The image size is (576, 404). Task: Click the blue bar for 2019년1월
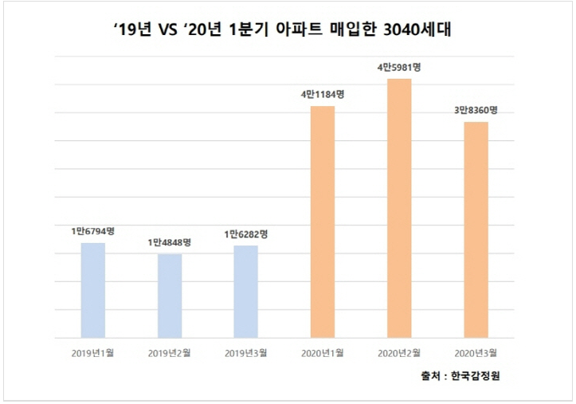coord(93,290)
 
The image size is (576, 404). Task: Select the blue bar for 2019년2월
coord(170,296)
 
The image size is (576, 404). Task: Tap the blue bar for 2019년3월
coord(246,292)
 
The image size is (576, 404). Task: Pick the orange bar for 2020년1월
coord(323,222)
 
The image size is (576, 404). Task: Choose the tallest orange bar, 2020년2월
coord(399,208)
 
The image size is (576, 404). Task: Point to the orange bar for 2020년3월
coord(476,229)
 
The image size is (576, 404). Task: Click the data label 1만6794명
coord(93,231)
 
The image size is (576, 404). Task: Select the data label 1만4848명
coord(170,242)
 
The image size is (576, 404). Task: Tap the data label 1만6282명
coord(246,234)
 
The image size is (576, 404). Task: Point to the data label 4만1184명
coord(323,94)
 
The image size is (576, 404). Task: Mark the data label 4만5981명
coord(399,67)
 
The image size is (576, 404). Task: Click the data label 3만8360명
coord(476,110)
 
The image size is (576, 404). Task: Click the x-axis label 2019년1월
coord(93,352)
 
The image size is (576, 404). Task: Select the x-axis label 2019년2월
coord(170,352)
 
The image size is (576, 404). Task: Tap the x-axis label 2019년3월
coord(246,352)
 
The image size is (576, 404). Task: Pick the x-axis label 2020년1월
coord(323,352)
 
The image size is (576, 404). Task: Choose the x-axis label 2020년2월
coord(399,352)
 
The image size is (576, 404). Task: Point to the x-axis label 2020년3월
coord(476,352)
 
